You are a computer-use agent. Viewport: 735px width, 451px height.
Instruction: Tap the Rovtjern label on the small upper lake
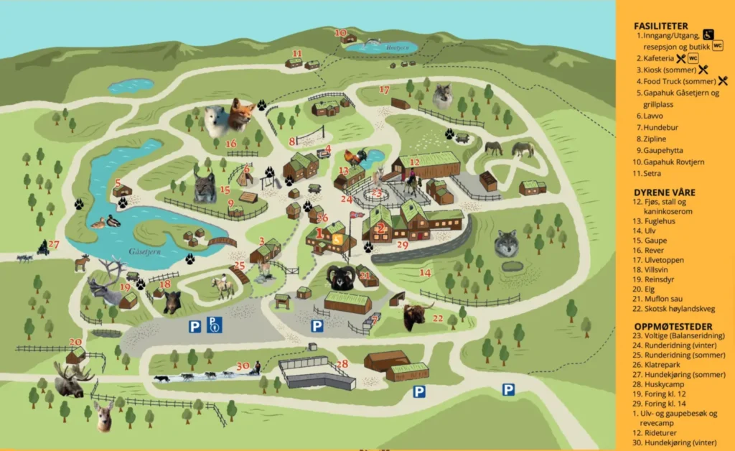click(x=378, y=48)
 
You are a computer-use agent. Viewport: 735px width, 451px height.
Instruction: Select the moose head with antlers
click(x=71, y=381)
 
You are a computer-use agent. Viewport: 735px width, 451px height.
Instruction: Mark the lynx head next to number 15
click(x=205, y=187)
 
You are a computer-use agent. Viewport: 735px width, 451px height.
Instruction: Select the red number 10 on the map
click(x=341, y=33)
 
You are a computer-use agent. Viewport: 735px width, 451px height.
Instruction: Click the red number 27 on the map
click(x=55, y=244)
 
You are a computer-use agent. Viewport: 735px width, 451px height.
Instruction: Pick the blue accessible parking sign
click(x=215, y=325)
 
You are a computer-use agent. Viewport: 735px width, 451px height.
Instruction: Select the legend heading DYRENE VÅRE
click(x=665, y=192)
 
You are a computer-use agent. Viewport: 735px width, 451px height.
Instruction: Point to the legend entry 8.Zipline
click(x=655, y=139)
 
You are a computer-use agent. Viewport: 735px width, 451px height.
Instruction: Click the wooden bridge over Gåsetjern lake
click(x=222, y=242)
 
